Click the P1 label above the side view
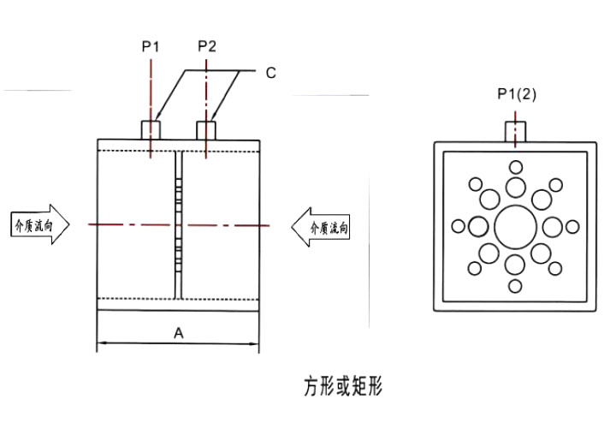tap(151, 47)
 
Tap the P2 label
tap(206, 46)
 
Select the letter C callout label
tap(271, 73)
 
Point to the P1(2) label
tap(517, 94)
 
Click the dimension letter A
tap(179, 333)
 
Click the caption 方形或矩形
tap(343, 386)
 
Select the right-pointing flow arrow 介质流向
tap(40, 224)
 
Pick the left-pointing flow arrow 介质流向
tap(321, 228)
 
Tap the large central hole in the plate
tap(516, 227)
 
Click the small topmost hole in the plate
tap(516, 168)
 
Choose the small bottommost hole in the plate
tap(515, 286)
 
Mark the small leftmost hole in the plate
tap(459, 226)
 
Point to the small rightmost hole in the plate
tap(572, 227)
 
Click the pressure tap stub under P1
tap(151, 130)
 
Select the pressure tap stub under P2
tap(206, 130)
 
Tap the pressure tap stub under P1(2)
tap(515, 132)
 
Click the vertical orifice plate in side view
tap(179, 225)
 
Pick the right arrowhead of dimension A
tap(254, 343)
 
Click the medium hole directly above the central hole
tap(516, 188)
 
